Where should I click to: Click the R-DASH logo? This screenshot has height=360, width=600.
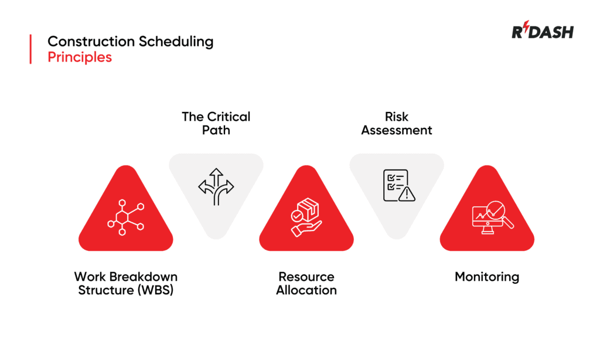pyautogui.click(x=542, y=32)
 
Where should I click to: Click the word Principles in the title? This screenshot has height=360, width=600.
pyautogui.click(x=80, y=57)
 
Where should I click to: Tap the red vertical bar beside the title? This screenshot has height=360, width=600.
pyautogui.click(x=30, y=49)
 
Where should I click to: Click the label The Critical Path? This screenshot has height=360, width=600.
pyautogui.click(x=216, y=123)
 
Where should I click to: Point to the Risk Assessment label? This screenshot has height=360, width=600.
pyautogui.click(x=396, y=123)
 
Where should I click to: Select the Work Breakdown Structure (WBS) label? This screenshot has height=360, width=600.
pyautogui.click(x=125, y=283)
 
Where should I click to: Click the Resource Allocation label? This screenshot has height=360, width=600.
pyautogui.click(x=306, y=283)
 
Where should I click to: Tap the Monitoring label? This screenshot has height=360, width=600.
pyautogui.click(x=487, y=277)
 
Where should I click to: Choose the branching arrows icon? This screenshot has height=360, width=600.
pyautogui.click(x=216, y=186)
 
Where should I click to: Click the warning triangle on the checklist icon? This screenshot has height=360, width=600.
pyautogui.click(x=406, y=193)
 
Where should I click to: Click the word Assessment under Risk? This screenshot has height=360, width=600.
pyautogui.click(x=396, y=130)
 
